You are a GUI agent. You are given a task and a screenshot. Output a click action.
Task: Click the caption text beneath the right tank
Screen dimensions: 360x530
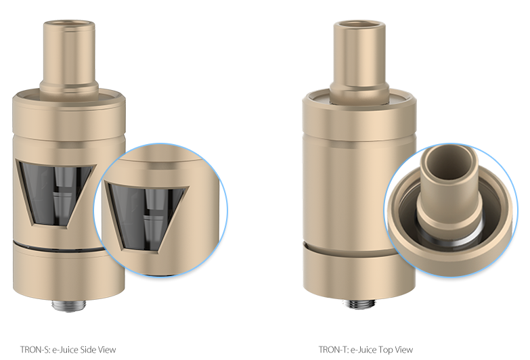[366, 350]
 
